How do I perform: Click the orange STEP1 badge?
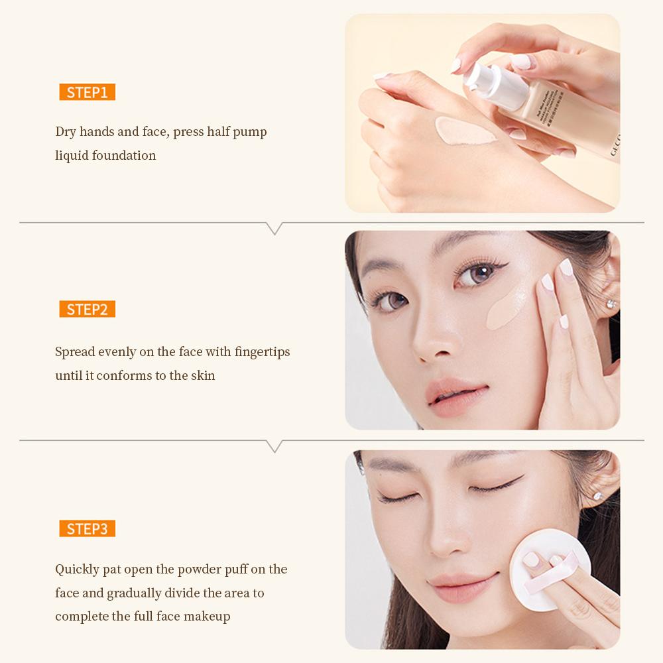point(87,92)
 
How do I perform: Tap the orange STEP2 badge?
point(87,309)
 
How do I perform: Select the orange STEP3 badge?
point(87,528)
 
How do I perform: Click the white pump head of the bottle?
point(482,78)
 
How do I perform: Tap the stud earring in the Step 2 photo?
point(611,304)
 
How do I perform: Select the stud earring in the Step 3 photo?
point(598,495)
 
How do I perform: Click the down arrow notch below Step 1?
point(274,228)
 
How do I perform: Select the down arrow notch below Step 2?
point(274,446)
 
